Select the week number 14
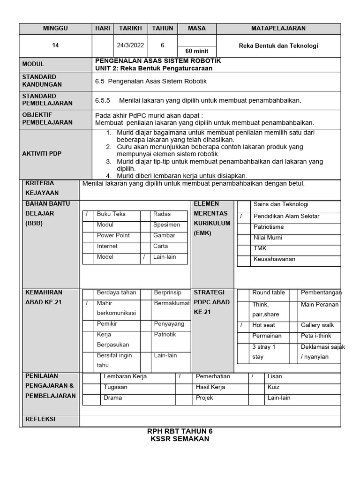pyautogui.click(x=55, y=45)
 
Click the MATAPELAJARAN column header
pyautogui.click(x=278, y=29)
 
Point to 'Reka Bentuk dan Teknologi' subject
pyautogui.click(x=278, y=45)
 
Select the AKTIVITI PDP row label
pyautogui.click(x=42, y=154)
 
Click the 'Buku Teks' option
pyautogui.click(x=111, y=214)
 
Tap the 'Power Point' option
pyautogui.click(x=113, y=235)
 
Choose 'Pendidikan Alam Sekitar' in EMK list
pyautogui.click(x=286, y=216)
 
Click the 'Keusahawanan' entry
pyautogui.click(x=275, y=259)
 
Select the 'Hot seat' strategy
pyautogui.click(x=263, y=325)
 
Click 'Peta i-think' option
pyautogui.click(x=316, y=336)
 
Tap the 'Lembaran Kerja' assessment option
pyautogui.click(x=125, y=376)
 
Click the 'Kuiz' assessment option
pyautogui.click(x=273, y=387)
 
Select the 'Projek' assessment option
pyautogui.click(x=204, y=398)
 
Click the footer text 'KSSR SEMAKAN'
pyautogui.click(x=180, y=439)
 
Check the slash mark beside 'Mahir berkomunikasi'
pyautogui.click(x=87, y=303)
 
